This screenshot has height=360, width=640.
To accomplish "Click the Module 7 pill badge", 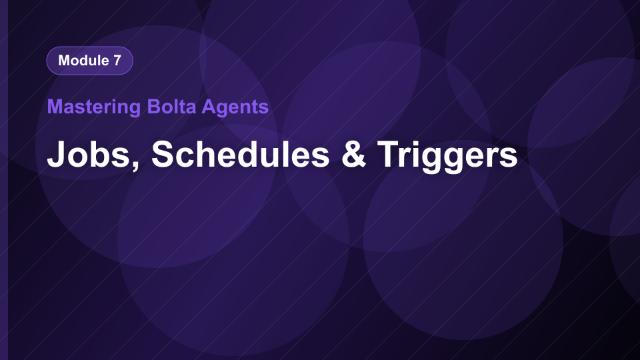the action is click(90, 61).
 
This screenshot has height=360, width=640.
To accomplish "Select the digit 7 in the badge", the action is click(117, 61).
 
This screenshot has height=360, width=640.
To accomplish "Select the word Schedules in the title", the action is click(241, 153).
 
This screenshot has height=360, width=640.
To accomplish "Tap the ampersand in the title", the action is click(354, 154).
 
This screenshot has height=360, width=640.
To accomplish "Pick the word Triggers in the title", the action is click(447, 155).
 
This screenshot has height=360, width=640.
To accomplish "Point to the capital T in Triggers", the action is click(390, 153).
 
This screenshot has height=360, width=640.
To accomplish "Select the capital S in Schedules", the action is click(163, 154).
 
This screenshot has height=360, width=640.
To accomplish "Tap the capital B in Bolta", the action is click(154, 107).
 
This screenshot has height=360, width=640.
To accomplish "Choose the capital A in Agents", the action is click(209, 107).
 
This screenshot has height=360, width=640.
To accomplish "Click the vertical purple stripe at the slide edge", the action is click(4, 180).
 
